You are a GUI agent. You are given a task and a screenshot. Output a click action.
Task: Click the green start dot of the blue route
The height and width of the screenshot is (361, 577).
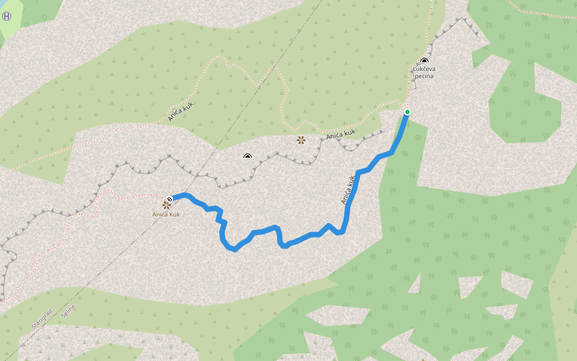[x=408, y=112]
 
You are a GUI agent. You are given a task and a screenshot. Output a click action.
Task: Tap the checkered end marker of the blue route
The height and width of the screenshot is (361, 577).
[x=170, y=198]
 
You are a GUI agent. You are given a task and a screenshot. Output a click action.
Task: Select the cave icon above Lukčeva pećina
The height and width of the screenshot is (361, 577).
[x=424, y=61]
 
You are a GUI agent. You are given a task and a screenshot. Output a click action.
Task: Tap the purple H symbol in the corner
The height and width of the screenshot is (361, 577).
[x=7, y=16]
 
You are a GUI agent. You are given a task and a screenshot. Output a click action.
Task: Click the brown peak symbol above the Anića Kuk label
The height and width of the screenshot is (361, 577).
[x=166, y=205]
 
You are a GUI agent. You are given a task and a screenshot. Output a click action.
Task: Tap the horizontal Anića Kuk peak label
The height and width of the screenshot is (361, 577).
[x=166, y=214]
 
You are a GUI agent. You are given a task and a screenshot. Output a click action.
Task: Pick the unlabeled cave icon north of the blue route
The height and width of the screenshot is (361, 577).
[x=248, y=157]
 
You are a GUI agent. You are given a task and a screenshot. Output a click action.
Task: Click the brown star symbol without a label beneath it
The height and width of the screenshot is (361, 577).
[x=301, y=140]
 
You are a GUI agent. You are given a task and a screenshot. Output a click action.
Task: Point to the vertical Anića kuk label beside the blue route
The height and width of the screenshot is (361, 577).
[x=349, y=190]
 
